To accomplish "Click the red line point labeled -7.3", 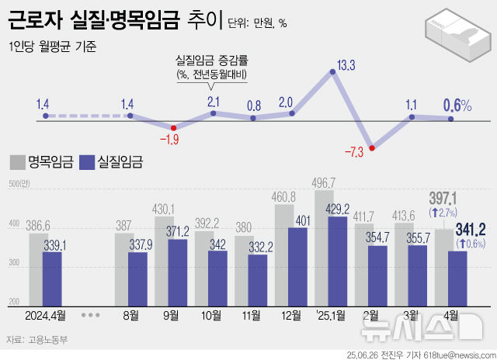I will [373, 147].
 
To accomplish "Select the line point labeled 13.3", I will [333, 71].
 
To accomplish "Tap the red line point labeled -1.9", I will [173, 128].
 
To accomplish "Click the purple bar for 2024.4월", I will [52, 278].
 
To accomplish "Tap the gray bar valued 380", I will [243, 269].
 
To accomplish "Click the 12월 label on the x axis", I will [292, 315].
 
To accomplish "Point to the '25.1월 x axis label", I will [332, 315].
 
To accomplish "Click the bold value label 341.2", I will [471, 228].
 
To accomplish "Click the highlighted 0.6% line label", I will [457, 105].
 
